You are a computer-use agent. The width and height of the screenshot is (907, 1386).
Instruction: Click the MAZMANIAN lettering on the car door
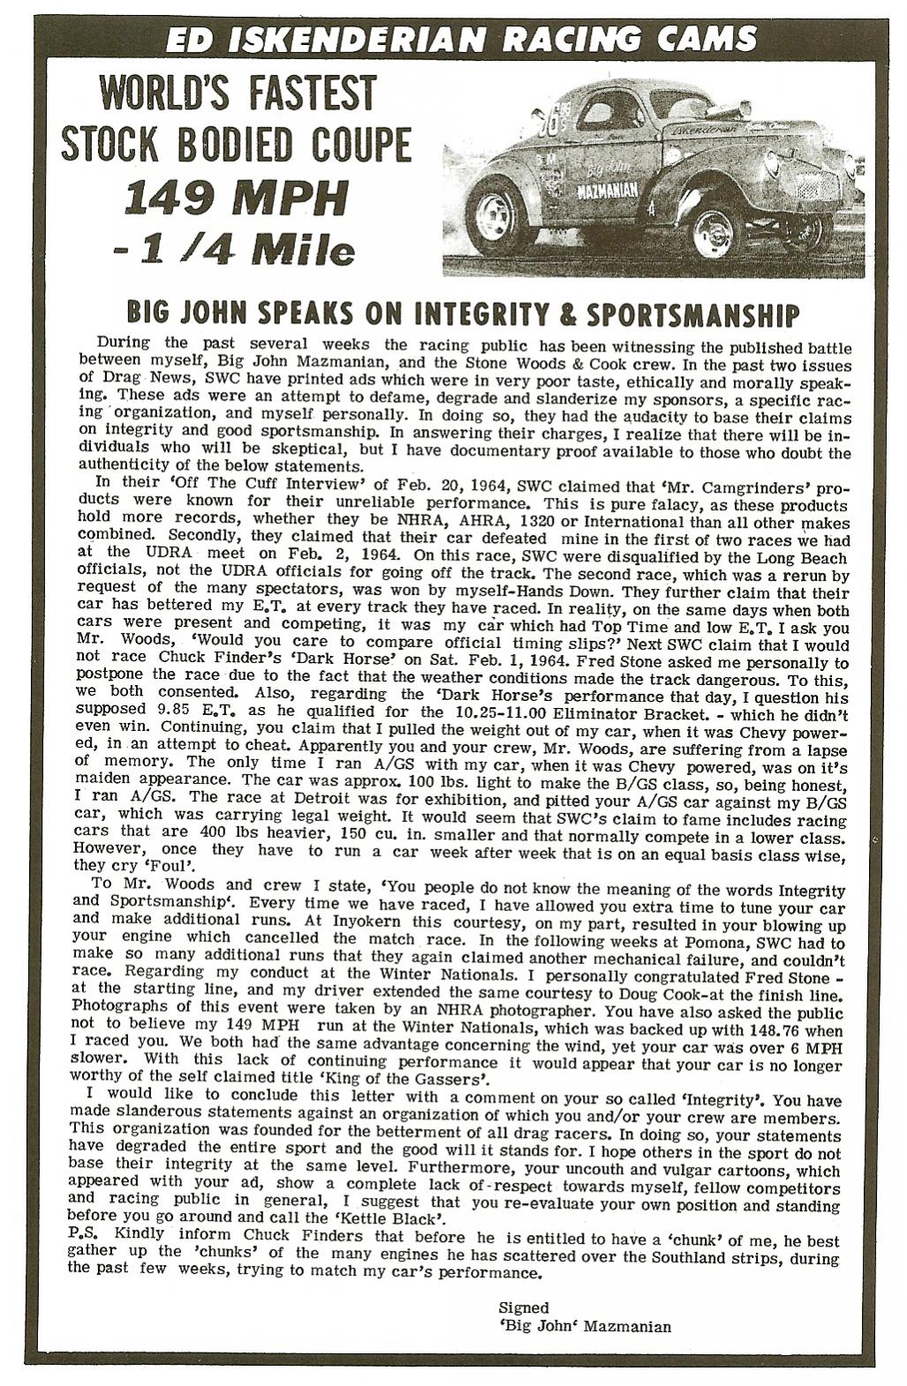point(602,192)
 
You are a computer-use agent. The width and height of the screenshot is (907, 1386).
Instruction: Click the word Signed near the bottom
point(524,1307)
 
